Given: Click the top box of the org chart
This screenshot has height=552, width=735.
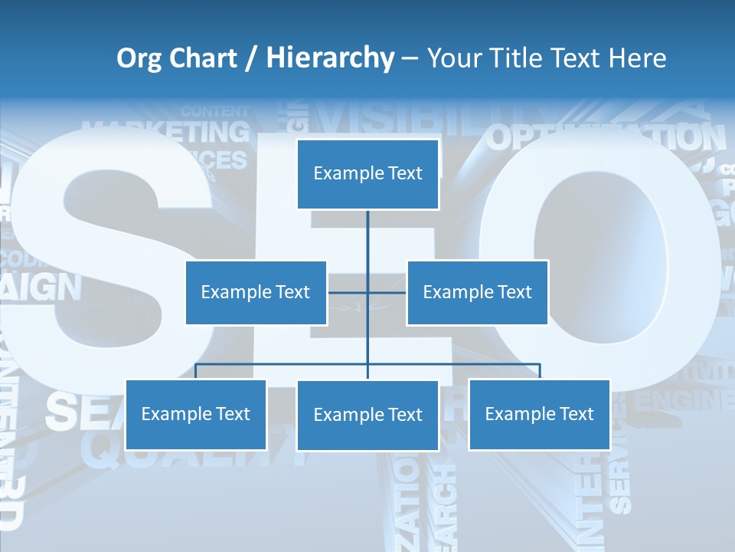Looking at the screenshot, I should pyautogui.click(x=367, y=173).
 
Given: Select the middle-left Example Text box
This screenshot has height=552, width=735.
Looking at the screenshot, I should pyautogui.click(x=256, y=292).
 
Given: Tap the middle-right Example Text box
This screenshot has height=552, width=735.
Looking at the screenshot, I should pyautogui.click(x=477, y=292).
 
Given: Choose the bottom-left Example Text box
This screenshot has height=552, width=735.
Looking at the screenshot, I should pyautogui.click(x=196, y=414).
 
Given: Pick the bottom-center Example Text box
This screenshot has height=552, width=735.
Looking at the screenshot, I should pyautogui.click(x=367, y=415).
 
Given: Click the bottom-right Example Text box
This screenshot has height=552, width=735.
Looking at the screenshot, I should pyautogui.click(x=539, y=414).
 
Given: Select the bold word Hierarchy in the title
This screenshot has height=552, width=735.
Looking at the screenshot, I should pyautogui.click(x=329, y=58).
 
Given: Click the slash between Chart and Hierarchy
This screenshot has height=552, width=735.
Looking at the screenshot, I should pyautogui.click(x=252, y=59).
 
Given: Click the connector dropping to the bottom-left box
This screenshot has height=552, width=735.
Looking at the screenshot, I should pyautogui.click(x=196, y=371).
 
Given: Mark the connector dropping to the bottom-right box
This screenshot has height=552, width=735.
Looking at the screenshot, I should pyautogui.click(x=539, y=371).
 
